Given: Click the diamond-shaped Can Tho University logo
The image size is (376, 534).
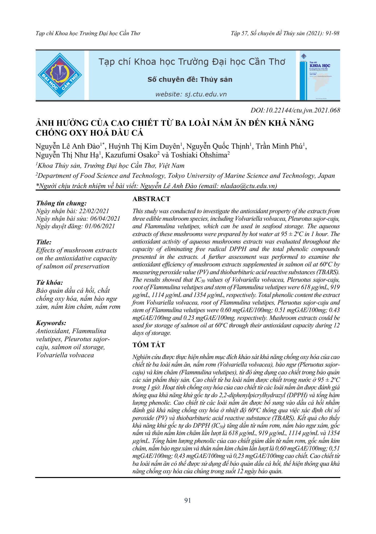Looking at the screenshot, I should pyautogui.click(x=60, y=75).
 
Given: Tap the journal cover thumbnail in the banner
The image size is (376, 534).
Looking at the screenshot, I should pyautogui.click(x=320, y=76).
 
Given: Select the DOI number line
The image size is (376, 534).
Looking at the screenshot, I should pyautogui.click(x=295, y=110).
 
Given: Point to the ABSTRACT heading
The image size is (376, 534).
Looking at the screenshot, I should pyautogui.click(x=151, y=199).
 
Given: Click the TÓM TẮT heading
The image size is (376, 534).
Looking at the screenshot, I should pyautogui.click(x=149, y=345).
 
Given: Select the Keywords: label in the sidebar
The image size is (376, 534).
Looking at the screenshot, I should pyautogui.click(x=51, y=323).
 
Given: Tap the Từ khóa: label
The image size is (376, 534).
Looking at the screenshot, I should pyautogui.click(x=49, y=282).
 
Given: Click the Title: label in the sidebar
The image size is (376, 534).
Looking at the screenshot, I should pyautogui.click(x=44, y=242).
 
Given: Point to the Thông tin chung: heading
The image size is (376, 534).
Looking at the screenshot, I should pyautogui.click(x=61, y=203).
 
